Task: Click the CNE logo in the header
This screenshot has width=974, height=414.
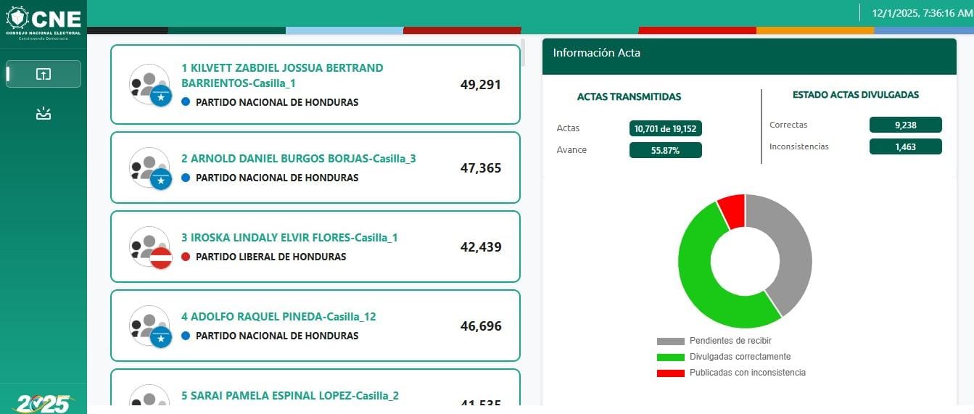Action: (43, 20)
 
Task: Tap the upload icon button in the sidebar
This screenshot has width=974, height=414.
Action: (44, 74)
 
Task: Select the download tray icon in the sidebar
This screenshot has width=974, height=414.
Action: (44, 114)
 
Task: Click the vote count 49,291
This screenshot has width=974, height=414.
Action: (481, 84)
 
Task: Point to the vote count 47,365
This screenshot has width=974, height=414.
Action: (481, 168)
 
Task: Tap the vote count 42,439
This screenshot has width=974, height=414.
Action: (481, 247)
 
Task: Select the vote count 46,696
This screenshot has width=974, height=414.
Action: (481, 326)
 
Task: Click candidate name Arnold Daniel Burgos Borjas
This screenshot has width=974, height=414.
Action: (298, 159)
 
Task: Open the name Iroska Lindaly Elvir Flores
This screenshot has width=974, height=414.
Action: (289, 238)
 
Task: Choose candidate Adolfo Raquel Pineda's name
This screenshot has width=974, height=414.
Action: (278, 317)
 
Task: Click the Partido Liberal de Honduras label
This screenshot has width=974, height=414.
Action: (271, 257)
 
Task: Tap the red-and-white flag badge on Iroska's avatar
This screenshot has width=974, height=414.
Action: (160, 257)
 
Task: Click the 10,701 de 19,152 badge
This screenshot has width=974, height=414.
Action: (665, 129)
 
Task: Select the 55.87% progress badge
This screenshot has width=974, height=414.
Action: (665, 150)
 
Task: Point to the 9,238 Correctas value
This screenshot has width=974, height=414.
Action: (905, 125)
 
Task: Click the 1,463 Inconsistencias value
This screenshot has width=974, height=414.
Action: (905, 146)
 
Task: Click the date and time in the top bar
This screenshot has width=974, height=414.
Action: (917, 13)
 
